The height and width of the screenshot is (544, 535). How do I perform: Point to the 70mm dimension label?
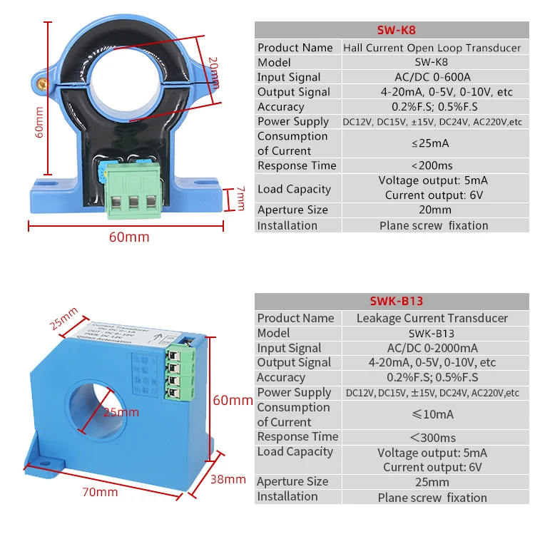101,492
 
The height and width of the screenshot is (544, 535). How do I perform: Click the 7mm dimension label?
240,199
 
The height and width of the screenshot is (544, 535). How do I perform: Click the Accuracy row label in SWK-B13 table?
280,377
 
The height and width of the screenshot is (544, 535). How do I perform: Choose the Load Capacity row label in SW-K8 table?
294,189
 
